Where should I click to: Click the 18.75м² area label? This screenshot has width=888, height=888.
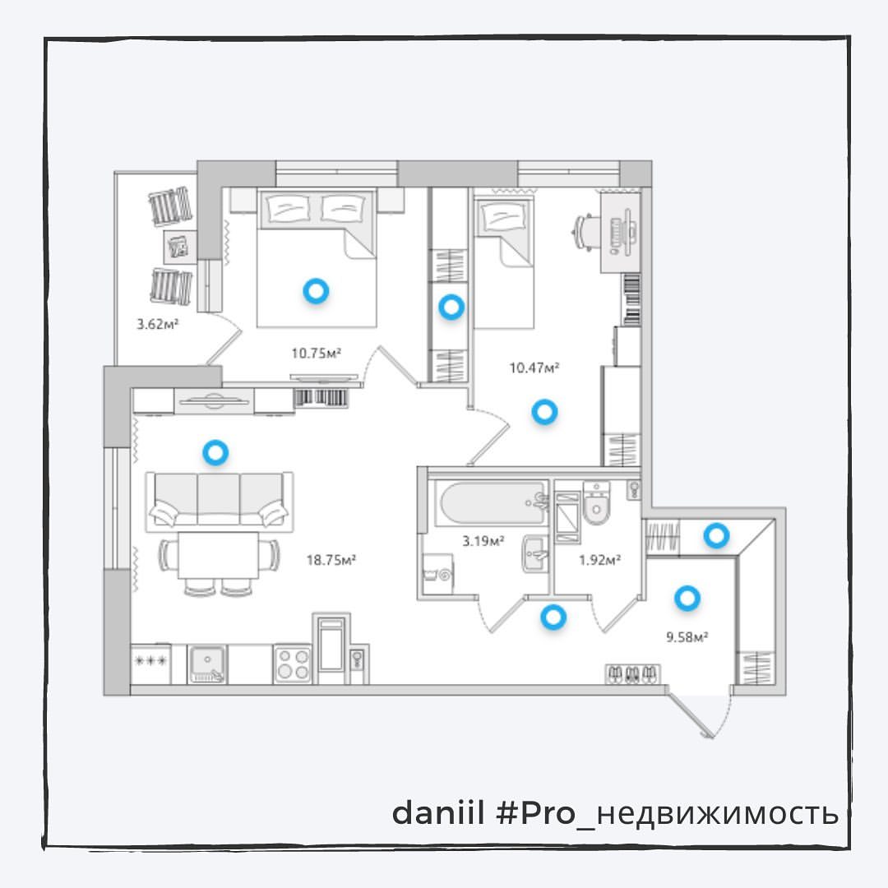pyautogui.click(x=331, y=560)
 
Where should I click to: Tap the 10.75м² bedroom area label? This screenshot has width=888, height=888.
pyautogui.click(x=316, y=354)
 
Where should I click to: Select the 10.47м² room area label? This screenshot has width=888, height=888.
pyautogui.click(x=534, y=368)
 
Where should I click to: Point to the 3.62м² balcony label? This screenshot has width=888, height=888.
pyautogui.click(x=157, y=325)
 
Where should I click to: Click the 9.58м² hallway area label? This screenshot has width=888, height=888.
pyautogui.click(x=687, y=637)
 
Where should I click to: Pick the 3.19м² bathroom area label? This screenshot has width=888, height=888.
pyautogui.click(x=483, y=541)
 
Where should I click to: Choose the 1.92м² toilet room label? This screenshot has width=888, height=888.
pyautogui.click(x=599, y=560)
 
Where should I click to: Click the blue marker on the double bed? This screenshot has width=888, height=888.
pyautogui.click(x=316, y=291)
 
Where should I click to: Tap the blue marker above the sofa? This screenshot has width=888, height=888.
pyautogui.click(x=215, y=452)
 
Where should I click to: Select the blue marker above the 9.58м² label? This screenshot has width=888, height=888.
pyautogui.click(x=687, y=598)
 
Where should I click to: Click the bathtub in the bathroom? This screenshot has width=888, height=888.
pyautogui.click(x=492, y=503)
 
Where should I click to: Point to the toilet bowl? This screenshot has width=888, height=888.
pyautogui.click(x=596, y=503)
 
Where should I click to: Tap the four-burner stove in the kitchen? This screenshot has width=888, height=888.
pyautogui.click(x=292, y=664)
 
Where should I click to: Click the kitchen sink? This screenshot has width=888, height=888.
pyautogui.click(x=207, y=664)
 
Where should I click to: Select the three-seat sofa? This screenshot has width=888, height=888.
pyautogui.click(x=220, y=501)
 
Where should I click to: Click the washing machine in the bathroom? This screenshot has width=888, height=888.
pyautogui.click(x=438, y=574)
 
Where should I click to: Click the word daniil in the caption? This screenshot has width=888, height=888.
pyautogui.click(x=437, y=813)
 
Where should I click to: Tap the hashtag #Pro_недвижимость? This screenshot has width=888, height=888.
pyautogui.click(x=667, y=814)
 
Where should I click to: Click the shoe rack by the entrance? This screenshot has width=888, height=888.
pyautogui.click(x=633, y=674)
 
